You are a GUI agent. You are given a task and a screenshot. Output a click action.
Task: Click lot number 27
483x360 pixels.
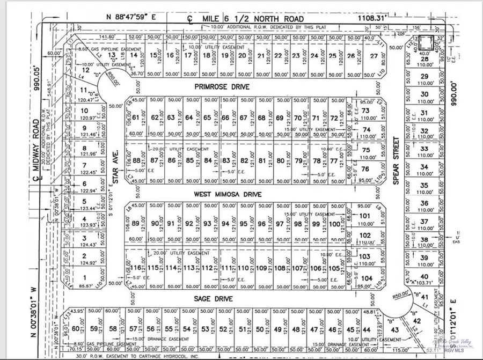click(374, 55)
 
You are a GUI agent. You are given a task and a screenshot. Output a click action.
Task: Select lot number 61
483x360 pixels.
click(135, 117)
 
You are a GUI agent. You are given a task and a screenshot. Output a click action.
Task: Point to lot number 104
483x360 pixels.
click(367, 278)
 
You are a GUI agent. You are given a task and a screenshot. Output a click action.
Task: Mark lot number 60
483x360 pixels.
click(76, 329)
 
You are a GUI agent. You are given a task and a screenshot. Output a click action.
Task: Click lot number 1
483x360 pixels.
click(83, 277)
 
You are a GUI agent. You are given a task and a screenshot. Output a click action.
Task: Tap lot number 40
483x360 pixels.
click(426, 276)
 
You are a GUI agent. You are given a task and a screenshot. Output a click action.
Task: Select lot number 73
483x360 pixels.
click(366, 111)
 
